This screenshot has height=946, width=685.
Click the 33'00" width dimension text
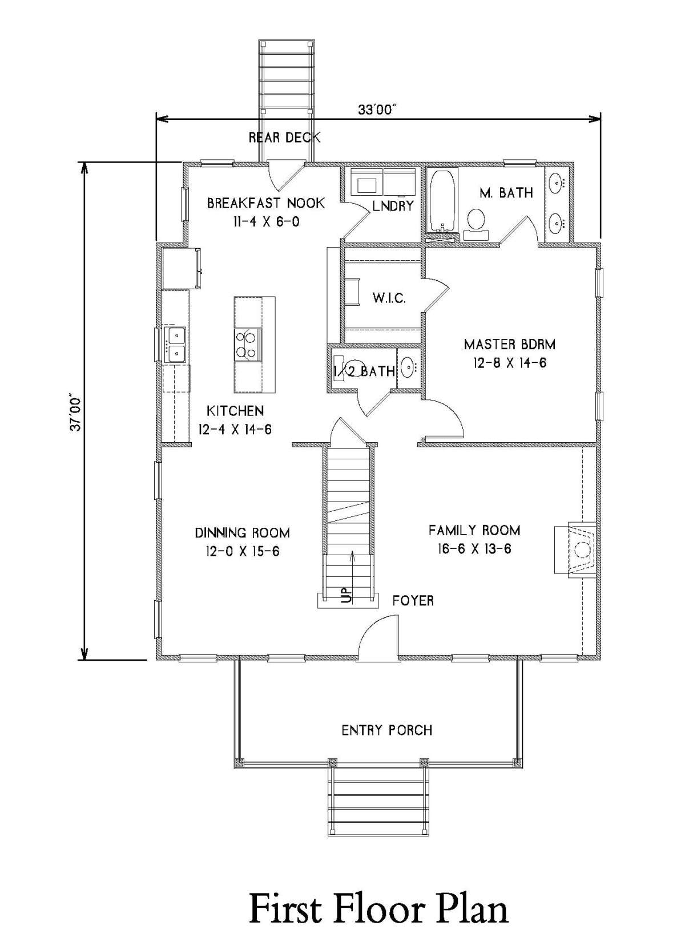tap(379, 110)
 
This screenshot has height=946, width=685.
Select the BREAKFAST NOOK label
tap(266, 203)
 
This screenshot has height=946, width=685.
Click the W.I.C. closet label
tap(389, 298)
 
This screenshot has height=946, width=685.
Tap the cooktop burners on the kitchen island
tap(247, 345)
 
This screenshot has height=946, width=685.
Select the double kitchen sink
tap(176, 345)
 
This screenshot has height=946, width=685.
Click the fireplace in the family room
tap(575, 549)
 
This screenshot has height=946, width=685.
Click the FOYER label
tap(413, 601)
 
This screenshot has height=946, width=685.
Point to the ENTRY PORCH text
tap(386, 730)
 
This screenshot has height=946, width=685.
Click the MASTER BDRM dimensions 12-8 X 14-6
tap(510, 363)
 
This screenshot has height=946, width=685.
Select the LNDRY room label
tap(393, 205)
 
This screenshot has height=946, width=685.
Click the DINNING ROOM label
tap(243, 532)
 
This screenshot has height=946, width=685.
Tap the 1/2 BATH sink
tap(408, 366)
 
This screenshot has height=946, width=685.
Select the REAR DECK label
tap(284, 138)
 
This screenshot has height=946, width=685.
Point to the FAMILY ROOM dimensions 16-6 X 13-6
tap(474, 548)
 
